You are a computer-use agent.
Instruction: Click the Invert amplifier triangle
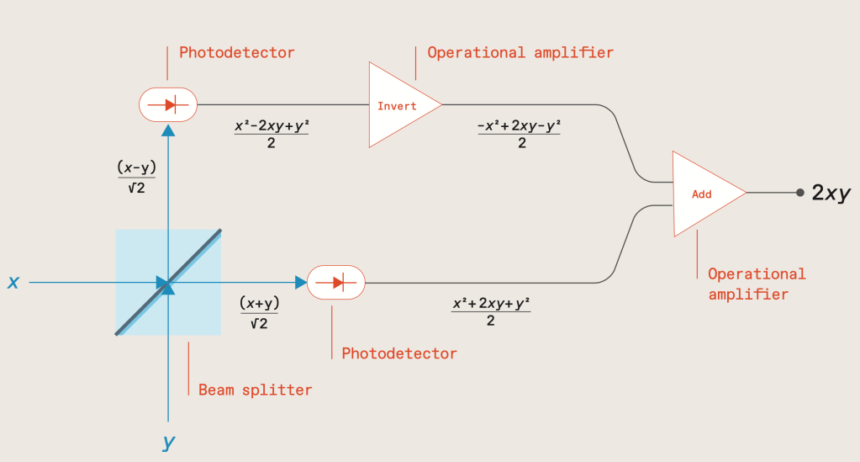(400, 105)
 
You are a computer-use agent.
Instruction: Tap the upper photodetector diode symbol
(167, 104)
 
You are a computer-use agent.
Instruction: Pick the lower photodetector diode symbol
(335, 281)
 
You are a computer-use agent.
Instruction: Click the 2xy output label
(831, 193)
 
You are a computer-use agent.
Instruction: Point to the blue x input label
(13, 283)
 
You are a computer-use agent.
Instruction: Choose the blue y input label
(168, 442)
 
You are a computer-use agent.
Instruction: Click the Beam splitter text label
(255, 390)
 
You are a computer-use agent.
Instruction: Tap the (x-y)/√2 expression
(136, 178)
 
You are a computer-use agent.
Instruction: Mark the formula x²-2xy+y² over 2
(272, 134)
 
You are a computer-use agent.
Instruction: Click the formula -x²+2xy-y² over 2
(519, 134)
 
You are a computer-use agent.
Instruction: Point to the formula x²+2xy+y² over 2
(491, 311)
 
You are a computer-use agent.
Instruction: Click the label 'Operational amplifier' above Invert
(520, 52)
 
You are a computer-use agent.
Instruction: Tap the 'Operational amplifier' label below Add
(757, 284)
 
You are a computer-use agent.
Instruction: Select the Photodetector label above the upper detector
(237, 52)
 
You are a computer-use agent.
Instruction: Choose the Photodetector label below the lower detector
(399, 353)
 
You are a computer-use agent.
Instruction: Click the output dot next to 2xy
(800, 193)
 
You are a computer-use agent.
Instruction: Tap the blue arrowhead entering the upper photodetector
(168, 129)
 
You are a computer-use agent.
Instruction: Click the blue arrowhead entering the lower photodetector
(300, 282)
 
